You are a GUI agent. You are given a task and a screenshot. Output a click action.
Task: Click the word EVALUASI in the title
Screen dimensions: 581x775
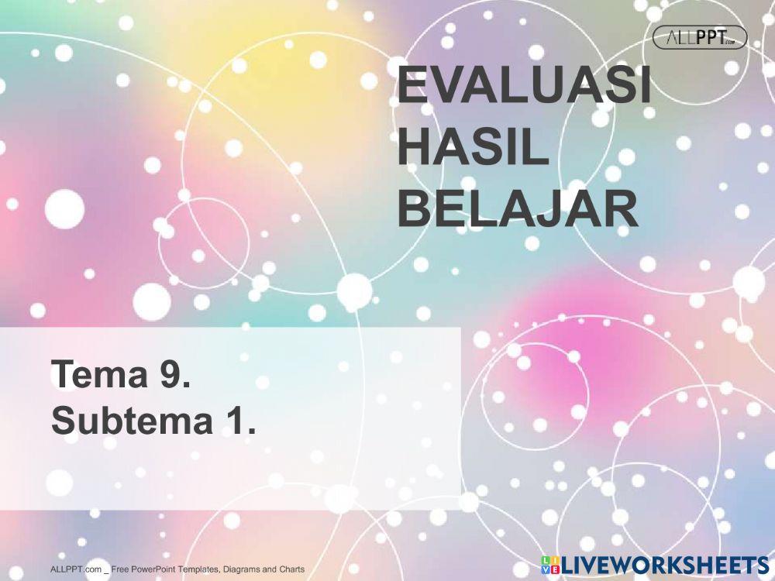524,87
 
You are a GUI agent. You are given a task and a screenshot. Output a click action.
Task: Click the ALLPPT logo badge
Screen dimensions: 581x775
700,37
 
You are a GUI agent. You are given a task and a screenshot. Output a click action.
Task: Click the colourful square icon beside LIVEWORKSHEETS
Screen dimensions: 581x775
550,565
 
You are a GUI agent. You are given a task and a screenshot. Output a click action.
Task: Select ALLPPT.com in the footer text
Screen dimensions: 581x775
76,570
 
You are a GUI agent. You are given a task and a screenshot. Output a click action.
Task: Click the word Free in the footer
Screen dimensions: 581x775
120,570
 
